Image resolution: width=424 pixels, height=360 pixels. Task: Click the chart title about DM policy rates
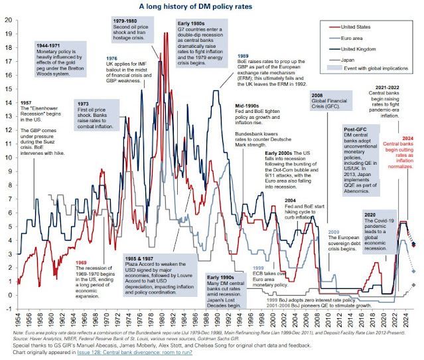point(212,6)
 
